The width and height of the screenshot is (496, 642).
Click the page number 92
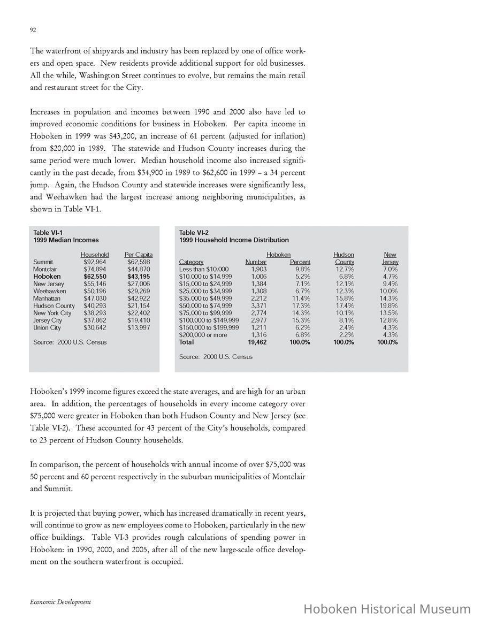[x=33, y=30]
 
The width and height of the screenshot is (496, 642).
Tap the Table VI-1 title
[x=48, y=232]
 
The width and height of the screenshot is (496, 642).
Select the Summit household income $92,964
[x=95, y=262]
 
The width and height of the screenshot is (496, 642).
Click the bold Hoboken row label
[x=48, y=277]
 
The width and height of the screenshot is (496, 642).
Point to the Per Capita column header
[x=139, y=255]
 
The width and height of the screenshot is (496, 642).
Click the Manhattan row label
[x=47, y=298]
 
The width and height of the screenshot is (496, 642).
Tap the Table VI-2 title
[x=194, y=232]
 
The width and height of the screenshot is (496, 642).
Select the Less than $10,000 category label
[x=204, y=269]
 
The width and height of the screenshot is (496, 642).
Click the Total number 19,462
[x=257, y=342]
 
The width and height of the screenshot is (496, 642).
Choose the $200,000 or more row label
[x=203, y=335]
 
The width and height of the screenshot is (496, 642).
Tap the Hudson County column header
[x=344, y=258]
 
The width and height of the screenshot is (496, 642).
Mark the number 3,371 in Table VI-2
[x=259, y=305]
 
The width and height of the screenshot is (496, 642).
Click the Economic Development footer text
[x=60, y=602]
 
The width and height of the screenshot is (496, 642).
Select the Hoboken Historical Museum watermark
[x=387, y=609]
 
